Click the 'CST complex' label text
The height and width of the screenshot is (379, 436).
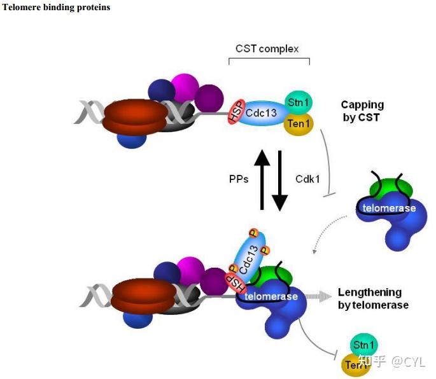point(267,49)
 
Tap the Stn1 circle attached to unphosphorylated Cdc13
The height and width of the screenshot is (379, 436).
point(299,102)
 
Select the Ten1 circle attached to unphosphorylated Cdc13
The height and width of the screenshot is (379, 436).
point(299,123)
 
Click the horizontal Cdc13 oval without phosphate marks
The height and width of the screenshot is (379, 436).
point(262,113)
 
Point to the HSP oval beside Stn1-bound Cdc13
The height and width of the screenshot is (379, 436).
point(236,111)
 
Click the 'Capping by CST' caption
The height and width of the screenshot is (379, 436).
point(362,111)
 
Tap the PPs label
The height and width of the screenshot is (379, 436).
point(239,179)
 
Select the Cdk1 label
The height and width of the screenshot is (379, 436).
point(307,179)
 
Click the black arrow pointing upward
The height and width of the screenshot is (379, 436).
point(262,179)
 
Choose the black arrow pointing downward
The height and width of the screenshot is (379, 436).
point(279,181)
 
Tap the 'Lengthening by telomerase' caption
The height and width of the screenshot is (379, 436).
point(373,299)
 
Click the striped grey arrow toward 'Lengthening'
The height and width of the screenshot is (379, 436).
point(319,296)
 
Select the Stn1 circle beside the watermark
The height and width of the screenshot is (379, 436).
point(363,345)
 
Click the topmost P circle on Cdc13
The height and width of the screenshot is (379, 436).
point(253,233)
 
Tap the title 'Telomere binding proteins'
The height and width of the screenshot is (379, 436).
point(56,7)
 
